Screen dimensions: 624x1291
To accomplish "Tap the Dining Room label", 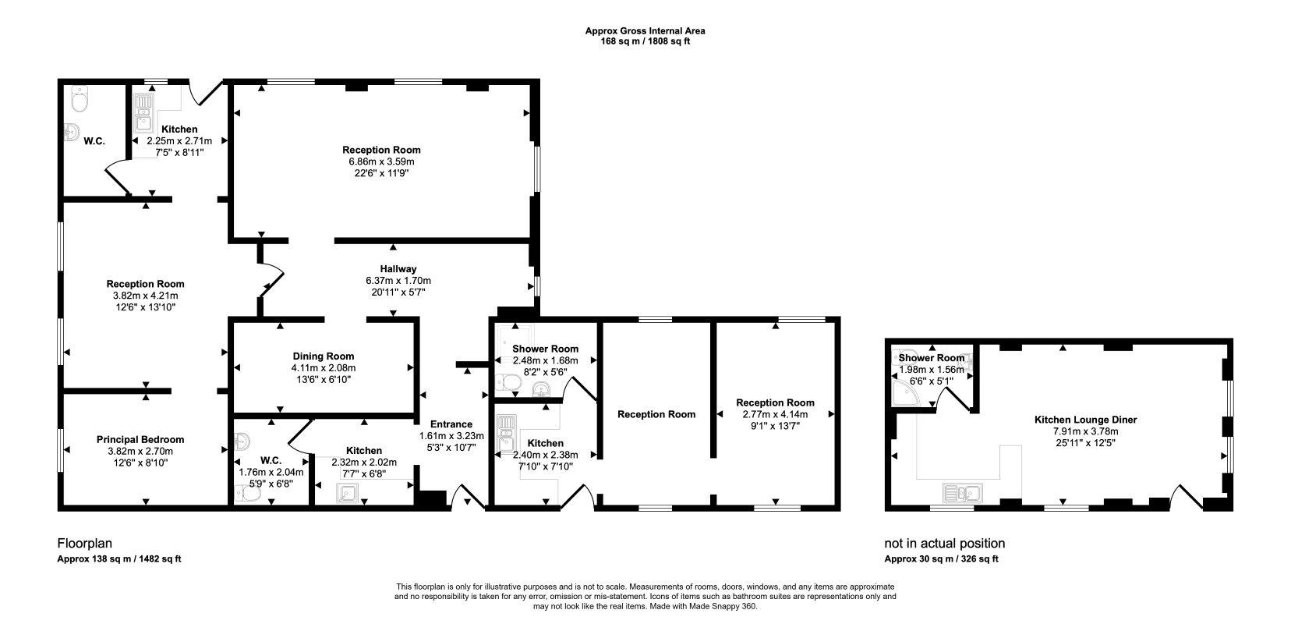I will point(323,356).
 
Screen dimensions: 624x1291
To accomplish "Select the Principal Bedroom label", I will point(140,439).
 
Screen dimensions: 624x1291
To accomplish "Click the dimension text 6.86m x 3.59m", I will point(381,161).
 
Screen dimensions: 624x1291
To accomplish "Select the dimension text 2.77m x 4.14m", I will point(775,414).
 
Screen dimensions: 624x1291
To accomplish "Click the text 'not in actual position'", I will point(944,543).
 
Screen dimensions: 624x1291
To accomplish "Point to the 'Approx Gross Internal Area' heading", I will point(645,31).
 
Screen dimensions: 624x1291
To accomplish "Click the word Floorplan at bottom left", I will point(80,543).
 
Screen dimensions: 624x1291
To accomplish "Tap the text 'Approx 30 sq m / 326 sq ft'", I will point(941,559).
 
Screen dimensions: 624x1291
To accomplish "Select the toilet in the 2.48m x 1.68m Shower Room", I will point(509,382).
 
